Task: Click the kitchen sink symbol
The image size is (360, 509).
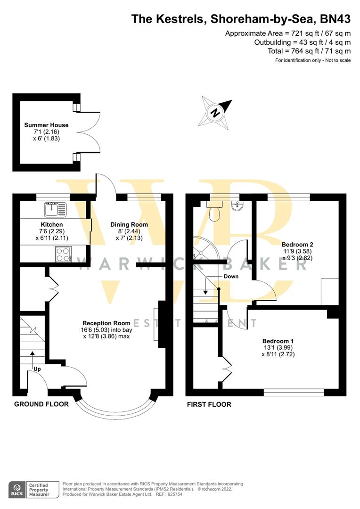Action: [55, 209]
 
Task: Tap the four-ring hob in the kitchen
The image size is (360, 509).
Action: [63, 254]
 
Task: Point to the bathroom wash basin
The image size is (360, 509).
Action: [237, 205]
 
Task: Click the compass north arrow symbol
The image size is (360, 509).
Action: [215, 113]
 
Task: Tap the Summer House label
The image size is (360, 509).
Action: [47, 125]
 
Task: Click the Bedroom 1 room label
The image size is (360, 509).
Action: [278, 341]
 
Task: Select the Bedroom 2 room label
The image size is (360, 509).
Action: [297, 245]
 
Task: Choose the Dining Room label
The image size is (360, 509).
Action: [129, 225]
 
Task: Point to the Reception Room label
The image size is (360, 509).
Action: [106, 323]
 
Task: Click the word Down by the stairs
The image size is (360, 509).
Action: [231, 277]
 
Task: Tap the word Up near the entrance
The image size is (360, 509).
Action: [37, 369]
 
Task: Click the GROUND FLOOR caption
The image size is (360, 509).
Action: [41, 404]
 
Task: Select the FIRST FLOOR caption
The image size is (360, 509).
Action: [209, 404]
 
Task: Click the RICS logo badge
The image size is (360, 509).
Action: [18, 490]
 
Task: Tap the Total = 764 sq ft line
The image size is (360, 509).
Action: [309, 51]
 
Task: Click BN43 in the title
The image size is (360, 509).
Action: [335, 19]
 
